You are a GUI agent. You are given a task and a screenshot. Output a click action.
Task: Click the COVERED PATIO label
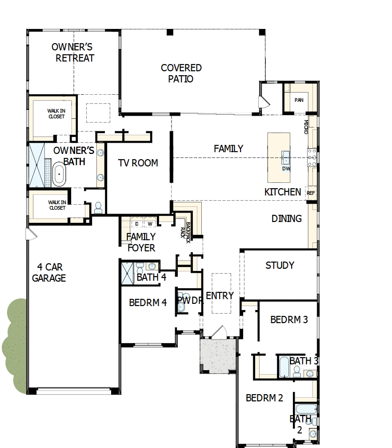coord(181,73)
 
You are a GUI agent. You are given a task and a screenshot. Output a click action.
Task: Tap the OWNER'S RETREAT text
coord(75,52)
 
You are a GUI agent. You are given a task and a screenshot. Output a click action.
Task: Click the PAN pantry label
coord(299,100)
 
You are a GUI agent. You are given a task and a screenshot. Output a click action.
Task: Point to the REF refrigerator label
coord(310,193)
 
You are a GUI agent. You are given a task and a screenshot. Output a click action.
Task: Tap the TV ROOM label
coord(138,163)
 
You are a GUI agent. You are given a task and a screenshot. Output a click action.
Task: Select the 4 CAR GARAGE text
coord(51,273)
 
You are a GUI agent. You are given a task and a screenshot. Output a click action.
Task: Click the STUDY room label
coord(280,265)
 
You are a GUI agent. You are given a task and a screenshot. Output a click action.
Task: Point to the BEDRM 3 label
coord(289,319)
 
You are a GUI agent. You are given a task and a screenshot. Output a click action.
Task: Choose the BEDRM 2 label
coord(264,398)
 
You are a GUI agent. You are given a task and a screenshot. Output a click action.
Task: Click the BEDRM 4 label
coord(148,303)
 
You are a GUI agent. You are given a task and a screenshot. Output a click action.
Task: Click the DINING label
coord(287,218)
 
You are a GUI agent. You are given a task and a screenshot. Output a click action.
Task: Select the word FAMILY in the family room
coord(228,149)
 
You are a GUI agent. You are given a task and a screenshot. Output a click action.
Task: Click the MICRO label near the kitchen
coord(306,127)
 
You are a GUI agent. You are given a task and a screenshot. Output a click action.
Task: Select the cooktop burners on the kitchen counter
coord(312,157)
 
